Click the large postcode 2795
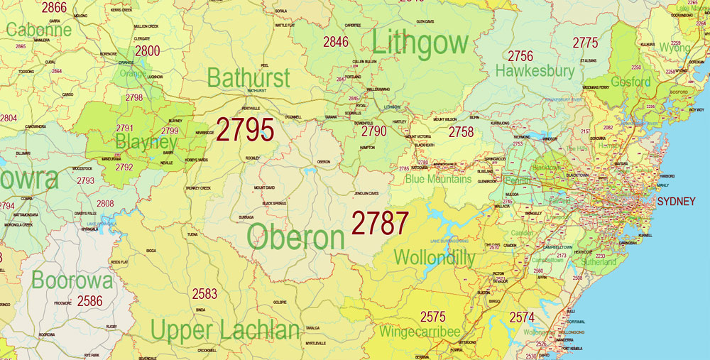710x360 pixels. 245,131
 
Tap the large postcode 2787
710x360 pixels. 380,224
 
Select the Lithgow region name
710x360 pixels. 420,43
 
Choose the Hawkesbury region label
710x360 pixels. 535,71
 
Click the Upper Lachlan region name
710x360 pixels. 225,330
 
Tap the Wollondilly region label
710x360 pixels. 434,258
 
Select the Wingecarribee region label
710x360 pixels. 420,332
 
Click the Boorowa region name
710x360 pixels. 72,280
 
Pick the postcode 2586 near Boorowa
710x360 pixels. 89,301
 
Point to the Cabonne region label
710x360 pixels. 39,30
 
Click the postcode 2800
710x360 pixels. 148,50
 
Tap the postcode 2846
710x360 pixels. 336,42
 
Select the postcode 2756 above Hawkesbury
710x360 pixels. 520,56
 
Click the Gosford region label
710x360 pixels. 630,82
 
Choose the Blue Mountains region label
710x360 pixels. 438,179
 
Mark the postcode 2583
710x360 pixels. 204,293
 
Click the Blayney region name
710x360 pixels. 146,142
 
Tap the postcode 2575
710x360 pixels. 433,317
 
